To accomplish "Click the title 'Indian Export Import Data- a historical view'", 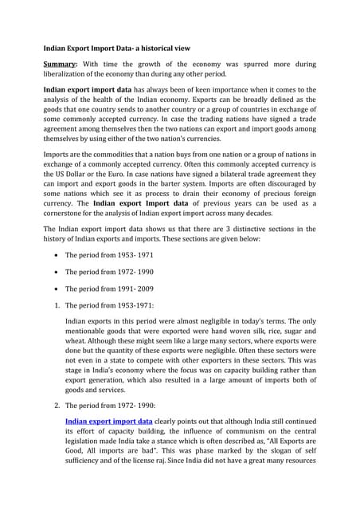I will pyautogui.click(x=116, y=49).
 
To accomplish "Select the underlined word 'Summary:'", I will pyautogui.click(x=61, y=63).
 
